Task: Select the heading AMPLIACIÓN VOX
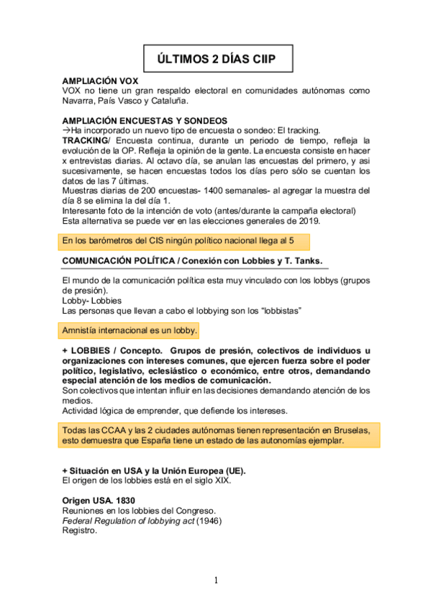pos(101,81)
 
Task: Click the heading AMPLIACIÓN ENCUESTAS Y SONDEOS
pos(145,120)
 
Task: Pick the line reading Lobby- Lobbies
pos(91,300)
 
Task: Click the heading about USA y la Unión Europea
pos(154,470)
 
